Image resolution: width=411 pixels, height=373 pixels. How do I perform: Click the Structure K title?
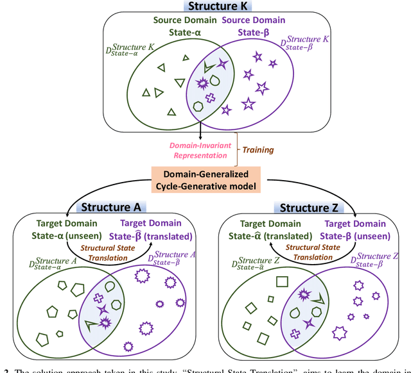coord(205,6)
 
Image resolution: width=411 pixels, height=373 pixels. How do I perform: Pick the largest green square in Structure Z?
coord(281,281)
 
